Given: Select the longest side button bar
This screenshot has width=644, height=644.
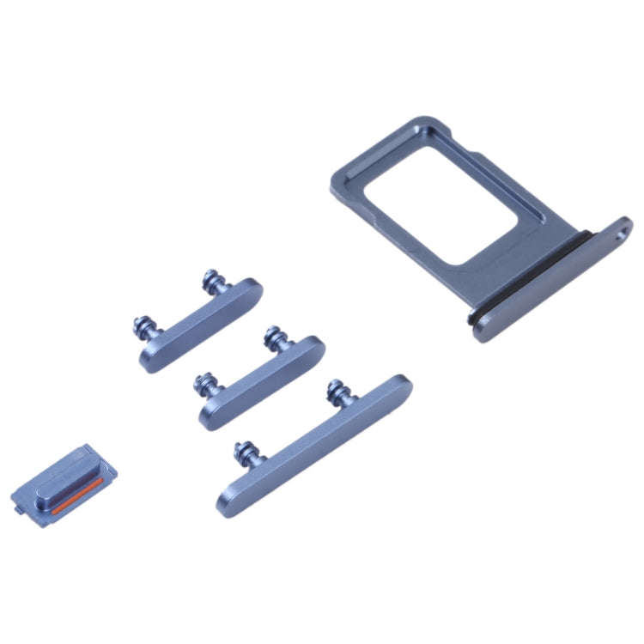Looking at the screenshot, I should tap(313, 442).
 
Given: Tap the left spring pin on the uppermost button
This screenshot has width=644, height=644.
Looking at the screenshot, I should tap(143, 328).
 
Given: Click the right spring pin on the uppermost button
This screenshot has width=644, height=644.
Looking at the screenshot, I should tap(211, 280).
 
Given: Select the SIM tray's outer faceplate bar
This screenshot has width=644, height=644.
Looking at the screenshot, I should tap(550, 283).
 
